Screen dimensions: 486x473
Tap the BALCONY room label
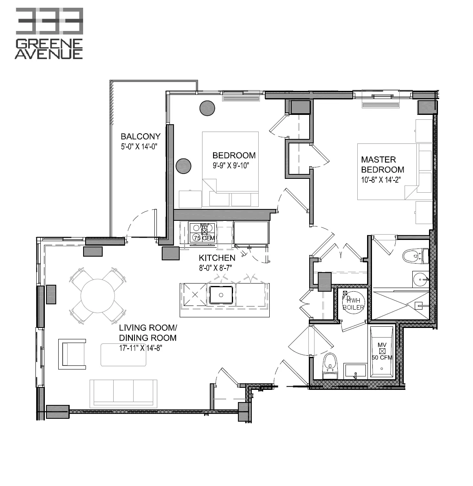pyautogui.click(x=140, y=137)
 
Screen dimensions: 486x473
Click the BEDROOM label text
pyautogui.click(x=234, y=155)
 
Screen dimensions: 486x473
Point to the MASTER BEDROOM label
pyautogui.click(x=383, y=165)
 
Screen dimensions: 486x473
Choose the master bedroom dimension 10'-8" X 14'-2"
pyautogui.click(x=384, y=180)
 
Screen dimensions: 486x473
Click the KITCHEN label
pyautogui.click(x=217, y=258)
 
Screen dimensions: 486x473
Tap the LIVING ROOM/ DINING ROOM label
pyautogui.click(x=147, y=333)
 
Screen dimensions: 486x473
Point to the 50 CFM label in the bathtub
pyautogui.click(x=382, y=358)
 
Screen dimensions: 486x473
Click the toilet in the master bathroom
pyautogui.click(x=413, y=256)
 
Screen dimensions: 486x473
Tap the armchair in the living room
pyautogui.click(x=72, y=354)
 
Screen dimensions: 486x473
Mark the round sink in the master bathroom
pyautogui.click(x=420, y=280)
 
